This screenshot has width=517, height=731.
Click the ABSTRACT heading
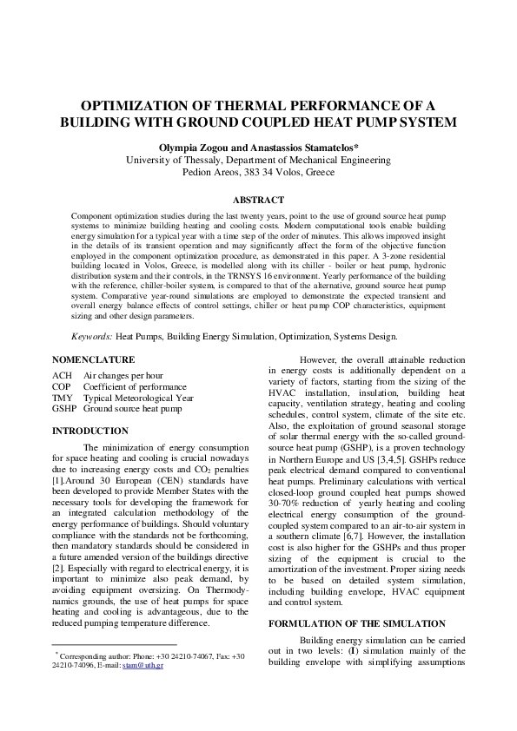point(258,199)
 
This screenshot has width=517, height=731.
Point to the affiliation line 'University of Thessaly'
point(258,160)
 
